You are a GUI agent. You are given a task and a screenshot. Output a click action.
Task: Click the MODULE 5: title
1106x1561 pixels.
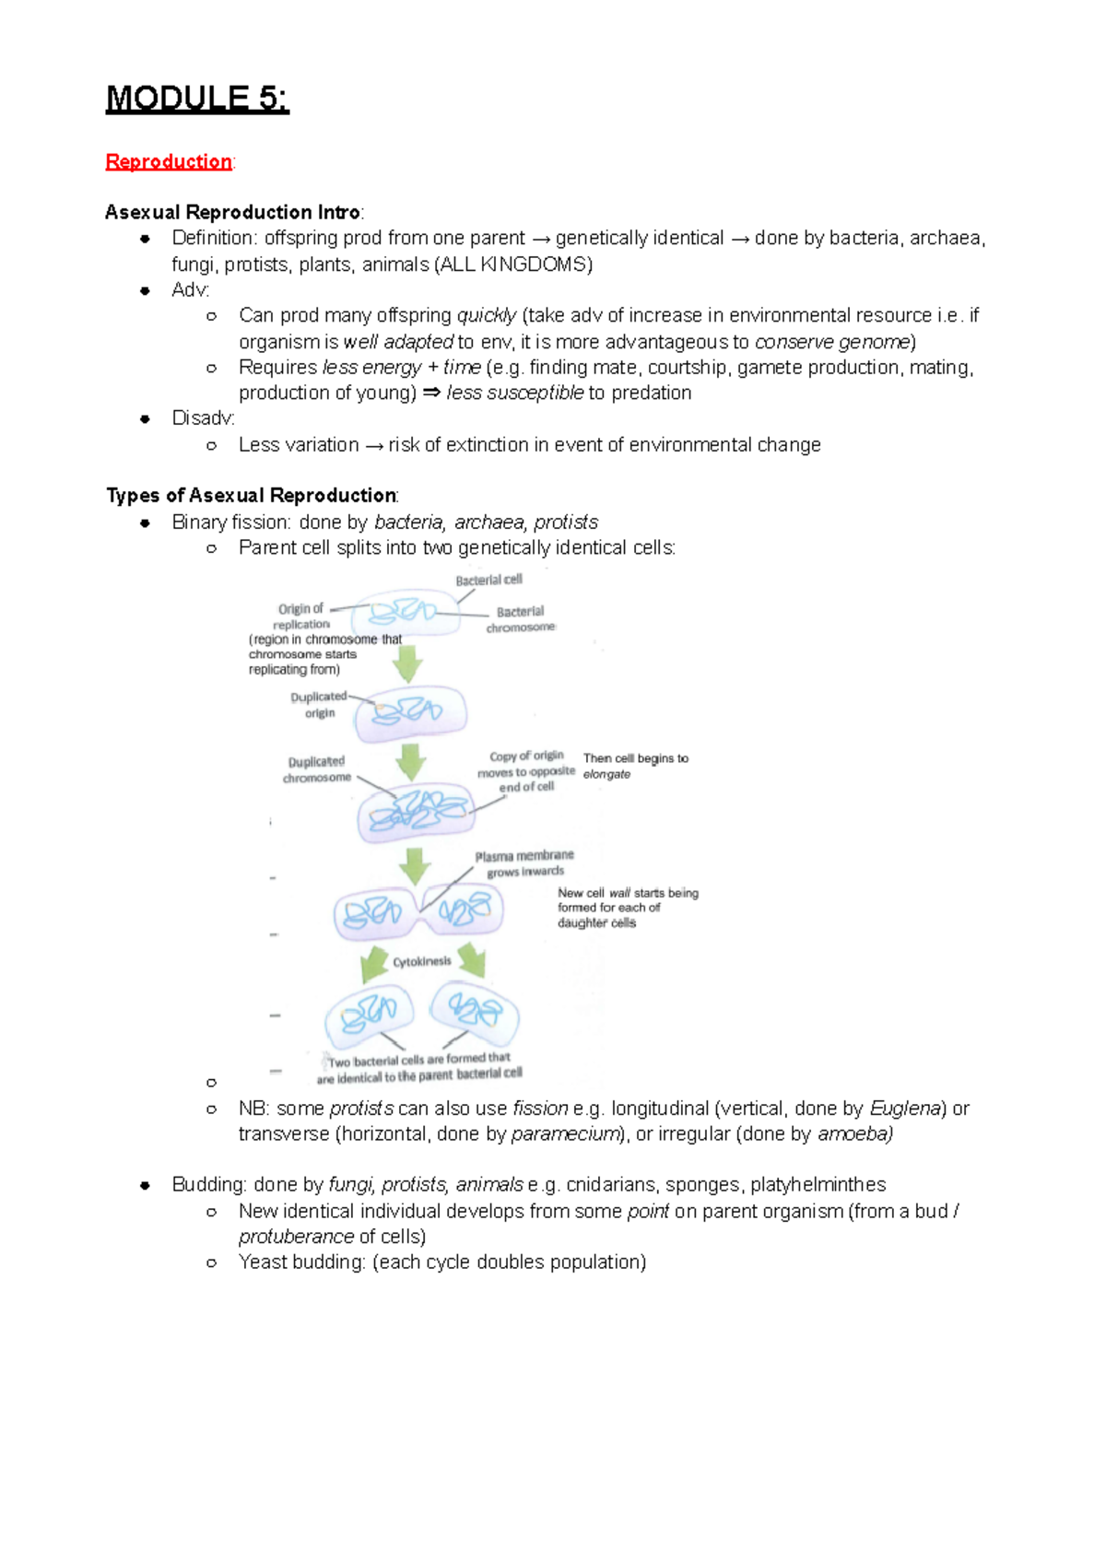coord(197,98)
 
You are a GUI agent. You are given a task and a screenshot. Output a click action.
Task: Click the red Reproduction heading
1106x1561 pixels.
coord(169,161)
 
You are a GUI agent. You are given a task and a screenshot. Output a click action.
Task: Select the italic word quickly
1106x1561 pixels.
coord(487,315)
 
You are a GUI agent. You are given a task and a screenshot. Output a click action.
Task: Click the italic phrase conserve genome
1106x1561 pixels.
coord(832,342)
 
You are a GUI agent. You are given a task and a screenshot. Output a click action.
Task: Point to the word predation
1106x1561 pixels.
coord(651,393)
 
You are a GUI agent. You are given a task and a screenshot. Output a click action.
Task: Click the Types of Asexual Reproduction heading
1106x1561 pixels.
coord(252,496)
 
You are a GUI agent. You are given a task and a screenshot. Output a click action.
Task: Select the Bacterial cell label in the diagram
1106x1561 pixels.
coord(488,580)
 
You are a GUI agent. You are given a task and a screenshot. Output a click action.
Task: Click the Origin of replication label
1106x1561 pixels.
coord(301,616)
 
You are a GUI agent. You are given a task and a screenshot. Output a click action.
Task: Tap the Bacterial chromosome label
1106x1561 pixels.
coord(521,618)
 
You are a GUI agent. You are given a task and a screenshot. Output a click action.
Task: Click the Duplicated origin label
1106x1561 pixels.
coord(319,704)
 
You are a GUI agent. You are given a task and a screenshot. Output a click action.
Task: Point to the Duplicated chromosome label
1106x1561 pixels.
coord(317,769)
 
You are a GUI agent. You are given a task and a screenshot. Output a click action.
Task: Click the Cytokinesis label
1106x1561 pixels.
coord(422,961)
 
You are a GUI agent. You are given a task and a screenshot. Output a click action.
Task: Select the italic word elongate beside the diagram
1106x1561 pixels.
coord(606,774)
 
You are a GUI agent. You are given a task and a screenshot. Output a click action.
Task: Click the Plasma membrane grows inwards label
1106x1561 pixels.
coord(524,863)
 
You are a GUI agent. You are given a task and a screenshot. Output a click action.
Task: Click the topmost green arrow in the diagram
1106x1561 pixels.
coord(407,662)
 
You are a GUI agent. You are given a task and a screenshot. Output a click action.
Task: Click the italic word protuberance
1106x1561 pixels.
coord(296,1237)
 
